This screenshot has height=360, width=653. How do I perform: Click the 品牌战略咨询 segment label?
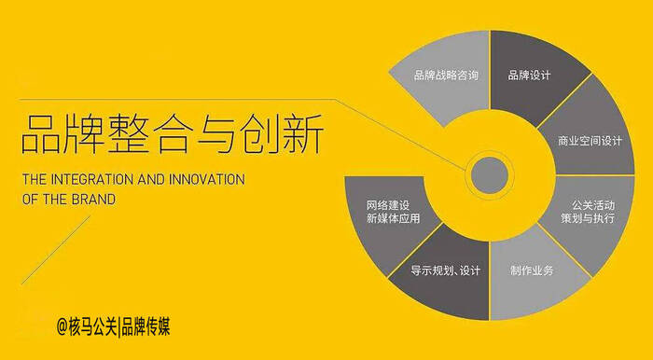click(x=446, y=75)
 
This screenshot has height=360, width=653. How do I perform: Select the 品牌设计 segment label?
click(x=529, y=75)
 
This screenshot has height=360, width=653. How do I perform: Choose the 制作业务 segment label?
click(x=532, y=270)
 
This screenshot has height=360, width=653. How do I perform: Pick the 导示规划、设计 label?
click(x=446, y=271)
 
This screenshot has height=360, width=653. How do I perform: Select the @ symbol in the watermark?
click(x=62, y=327)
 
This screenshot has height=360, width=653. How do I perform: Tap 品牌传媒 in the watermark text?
click(x=147, y=327)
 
